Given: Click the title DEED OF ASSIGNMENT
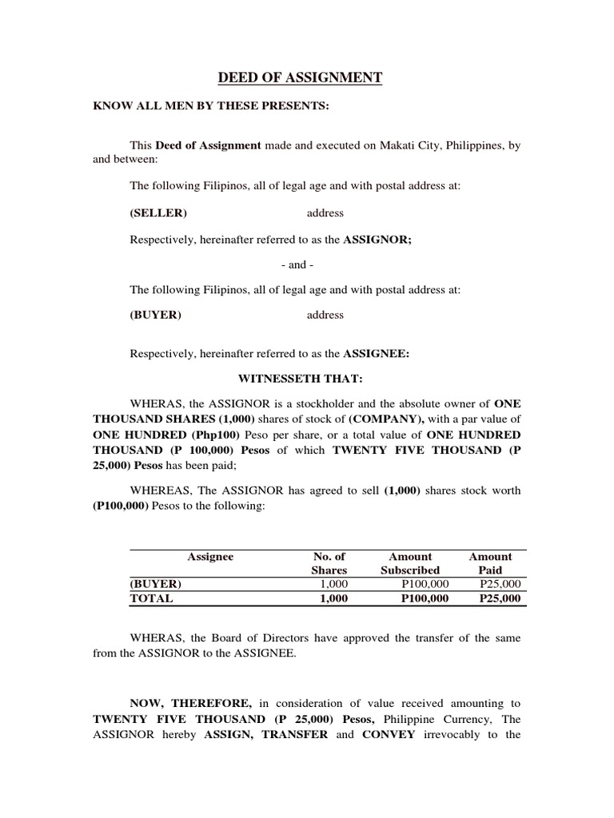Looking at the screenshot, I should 301,77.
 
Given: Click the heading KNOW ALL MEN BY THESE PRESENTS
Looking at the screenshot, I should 211,107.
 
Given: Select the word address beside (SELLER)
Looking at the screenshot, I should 325,213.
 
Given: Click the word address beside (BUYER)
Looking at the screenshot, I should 325,315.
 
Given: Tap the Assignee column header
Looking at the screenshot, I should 210,557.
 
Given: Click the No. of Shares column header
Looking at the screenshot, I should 329,563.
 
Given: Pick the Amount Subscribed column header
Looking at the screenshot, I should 410,563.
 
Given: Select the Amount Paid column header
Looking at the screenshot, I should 490,563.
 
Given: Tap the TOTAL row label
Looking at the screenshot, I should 152,598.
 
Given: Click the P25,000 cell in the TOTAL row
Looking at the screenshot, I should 500,598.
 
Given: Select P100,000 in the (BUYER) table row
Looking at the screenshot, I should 425,584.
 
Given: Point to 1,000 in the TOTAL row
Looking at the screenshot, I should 333,598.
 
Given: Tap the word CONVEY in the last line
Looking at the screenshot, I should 389,734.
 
